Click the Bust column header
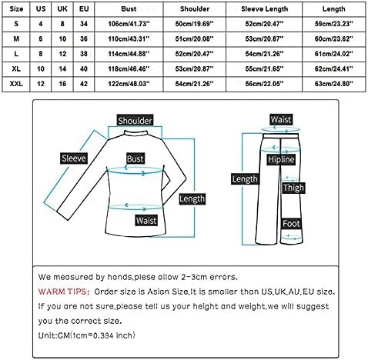tap(129, 9)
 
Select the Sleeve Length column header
tap(264, 9)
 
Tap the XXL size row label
tap(16, 84)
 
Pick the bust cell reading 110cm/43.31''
tap(129, 39)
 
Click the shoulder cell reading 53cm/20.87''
tap(194, 69)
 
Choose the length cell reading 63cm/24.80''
tap(333, 84)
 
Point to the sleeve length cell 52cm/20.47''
tap(264, 24)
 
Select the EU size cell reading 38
tap(84, 54)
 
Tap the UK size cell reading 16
tap(62, 84)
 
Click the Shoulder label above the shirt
tap(135, 120)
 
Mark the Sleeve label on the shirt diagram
tap(74, 158)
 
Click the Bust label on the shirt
tap(135, 159)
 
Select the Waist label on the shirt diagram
tap(146, 221)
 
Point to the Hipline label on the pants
tap(281, 159)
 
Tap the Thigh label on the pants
tap(293, 188)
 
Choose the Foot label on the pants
tap(291, 224)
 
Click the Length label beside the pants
tap(245, 179)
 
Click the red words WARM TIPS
tap(62, 292)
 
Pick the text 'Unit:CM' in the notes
tap(54, 335)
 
